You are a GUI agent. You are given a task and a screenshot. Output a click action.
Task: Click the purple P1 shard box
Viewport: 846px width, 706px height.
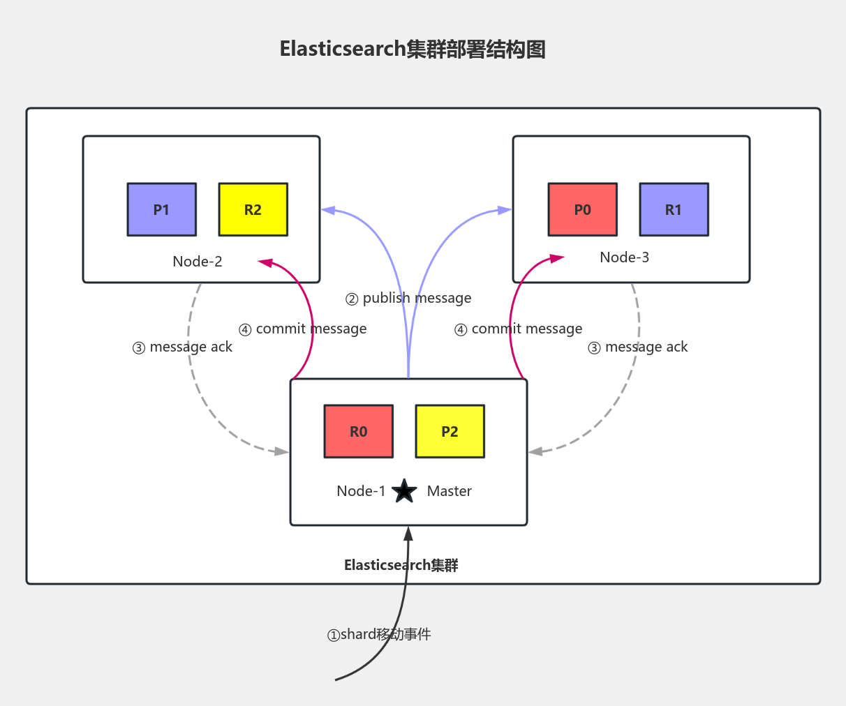point(161,209)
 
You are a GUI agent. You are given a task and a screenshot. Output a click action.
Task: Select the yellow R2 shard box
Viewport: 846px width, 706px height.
point(253,209)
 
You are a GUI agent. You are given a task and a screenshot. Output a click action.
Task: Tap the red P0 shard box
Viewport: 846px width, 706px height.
point(582,209)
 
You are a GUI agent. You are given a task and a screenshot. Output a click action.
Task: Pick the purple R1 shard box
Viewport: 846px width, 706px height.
point(674,209)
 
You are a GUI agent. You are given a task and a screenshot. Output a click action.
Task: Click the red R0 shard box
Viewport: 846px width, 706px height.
point(358,431)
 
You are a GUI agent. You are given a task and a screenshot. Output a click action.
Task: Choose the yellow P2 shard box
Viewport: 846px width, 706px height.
point(450,431)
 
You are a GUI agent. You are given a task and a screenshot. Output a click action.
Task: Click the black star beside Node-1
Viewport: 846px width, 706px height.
point(404,491)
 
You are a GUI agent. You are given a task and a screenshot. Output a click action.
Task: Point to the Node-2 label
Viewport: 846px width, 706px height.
point(198,262)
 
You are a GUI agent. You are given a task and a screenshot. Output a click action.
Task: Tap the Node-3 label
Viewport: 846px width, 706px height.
point(624,257)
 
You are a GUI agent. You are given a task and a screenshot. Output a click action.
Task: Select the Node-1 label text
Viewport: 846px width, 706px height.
point(361,491)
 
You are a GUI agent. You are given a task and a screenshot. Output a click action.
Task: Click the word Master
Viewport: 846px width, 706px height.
point(449,491)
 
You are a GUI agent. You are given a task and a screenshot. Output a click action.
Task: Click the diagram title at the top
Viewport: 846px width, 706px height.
point(413,50)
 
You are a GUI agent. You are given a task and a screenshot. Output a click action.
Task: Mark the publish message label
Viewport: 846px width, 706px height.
point(408,298)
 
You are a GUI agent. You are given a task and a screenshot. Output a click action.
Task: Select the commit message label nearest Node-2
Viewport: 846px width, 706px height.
point(302,329)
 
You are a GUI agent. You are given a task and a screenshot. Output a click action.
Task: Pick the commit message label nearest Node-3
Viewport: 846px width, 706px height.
point(518,329)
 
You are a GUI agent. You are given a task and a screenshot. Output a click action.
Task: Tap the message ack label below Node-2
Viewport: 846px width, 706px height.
point(182,347)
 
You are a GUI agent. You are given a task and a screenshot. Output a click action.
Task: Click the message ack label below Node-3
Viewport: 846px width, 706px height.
point(637,347)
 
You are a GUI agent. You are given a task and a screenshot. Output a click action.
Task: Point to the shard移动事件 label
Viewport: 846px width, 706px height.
point(379,634)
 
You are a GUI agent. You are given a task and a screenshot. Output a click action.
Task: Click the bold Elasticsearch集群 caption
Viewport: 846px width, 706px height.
point(401,565)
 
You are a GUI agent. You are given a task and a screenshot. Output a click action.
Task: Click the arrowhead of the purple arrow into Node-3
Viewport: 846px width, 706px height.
point(505,210)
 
